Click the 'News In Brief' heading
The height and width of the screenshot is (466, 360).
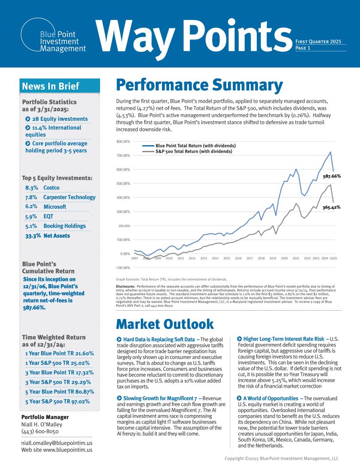click(x=50, y=86)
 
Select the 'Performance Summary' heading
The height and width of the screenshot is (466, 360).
click(x=199, y=85)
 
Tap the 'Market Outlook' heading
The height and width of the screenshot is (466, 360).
click(x=165, y=324)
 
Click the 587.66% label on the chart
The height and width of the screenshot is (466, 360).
click(x=332, y=176)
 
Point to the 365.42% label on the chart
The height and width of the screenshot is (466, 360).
click(x=332, y=208)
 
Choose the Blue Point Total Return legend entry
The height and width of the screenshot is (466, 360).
click(x=189, y=146)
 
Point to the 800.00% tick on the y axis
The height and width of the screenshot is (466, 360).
click(x=123, y=142)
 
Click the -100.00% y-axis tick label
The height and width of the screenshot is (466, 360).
click(x=123, y=268)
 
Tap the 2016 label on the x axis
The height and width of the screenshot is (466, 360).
click(x=238, y=258)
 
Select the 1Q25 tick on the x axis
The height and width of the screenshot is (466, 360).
click(x=333, y=258)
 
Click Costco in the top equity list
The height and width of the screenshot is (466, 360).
click(x=51, y=188)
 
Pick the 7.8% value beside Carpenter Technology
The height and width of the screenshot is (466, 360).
click(x=31, y=197)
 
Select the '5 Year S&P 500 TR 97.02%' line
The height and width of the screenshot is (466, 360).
click(x=58, y=401)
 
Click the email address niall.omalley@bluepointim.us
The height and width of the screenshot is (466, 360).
click(x=57, y=443)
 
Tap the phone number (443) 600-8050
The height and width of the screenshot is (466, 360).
click(x=40, y=431)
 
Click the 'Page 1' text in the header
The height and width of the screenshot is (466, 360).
click(x=303, y=48)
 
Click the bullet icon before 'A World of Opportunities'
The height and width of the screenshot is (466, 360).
click(x=239, y=398)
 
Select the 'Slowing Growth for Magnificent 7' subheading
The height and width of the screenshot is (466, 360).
click(x=160, y=398)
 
